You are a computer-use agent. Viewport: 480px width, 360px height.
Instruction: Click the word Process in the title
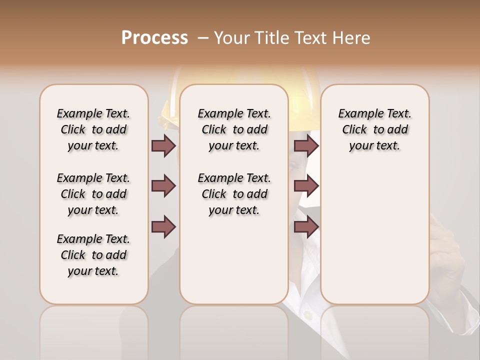coord(154,37)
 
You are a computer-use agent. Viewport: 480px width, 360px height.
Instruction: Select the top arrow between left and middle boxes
coord(163,145)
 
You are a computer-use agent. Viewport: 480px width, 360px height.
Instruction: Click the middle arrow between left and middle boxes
coord(163,186)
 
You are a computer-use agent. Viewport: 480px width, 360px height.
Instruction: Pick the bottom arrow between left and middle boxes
coord(163,227)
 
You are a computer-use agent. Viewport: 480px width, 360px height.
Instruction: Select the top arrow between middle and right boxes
coord(306,145)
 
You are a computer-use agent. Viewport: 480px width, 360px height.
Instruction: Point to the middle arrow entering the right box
coord(306,186)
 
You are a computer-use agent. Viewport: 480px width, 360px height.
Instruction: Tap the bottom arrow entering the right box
coord(306,227)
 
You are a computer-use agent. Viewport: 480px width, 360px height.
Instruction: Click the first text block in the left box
coord(93,129)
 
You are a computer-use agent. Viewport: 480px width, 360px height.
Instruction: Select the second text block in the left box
coord(93,194)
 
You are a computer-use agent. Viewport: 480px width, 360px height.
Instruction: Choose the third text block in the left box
coord(93,255)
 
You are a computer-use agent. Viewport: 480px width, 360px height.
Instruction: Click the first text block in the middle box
coord(234,129)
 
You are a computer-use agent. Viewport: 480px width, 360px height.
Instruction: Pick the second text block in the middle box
coord(234,194)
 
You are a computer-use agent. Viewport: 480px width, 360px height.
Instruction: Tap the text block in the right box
coord(374,129)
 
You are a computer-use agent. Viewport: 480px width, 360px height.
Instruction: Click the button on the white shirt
coord(308,315)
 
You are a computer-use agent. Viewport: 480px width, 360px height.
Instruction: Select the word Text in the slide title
coord(311,38)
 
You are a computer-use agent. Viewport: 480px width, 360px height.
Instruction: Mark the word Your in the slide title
coord(232,38)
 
